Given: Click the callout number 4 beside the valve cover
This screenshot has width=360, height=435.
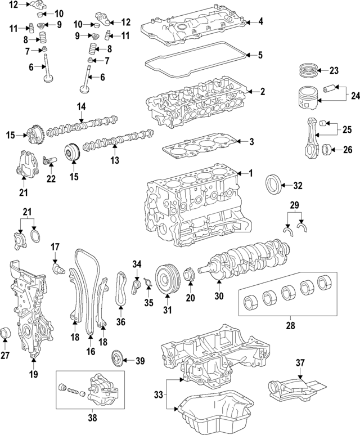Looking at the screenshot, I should pos(260,22).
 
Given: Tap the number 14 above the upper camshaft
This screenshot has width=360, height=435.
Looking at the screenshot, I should pos(82,105).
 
